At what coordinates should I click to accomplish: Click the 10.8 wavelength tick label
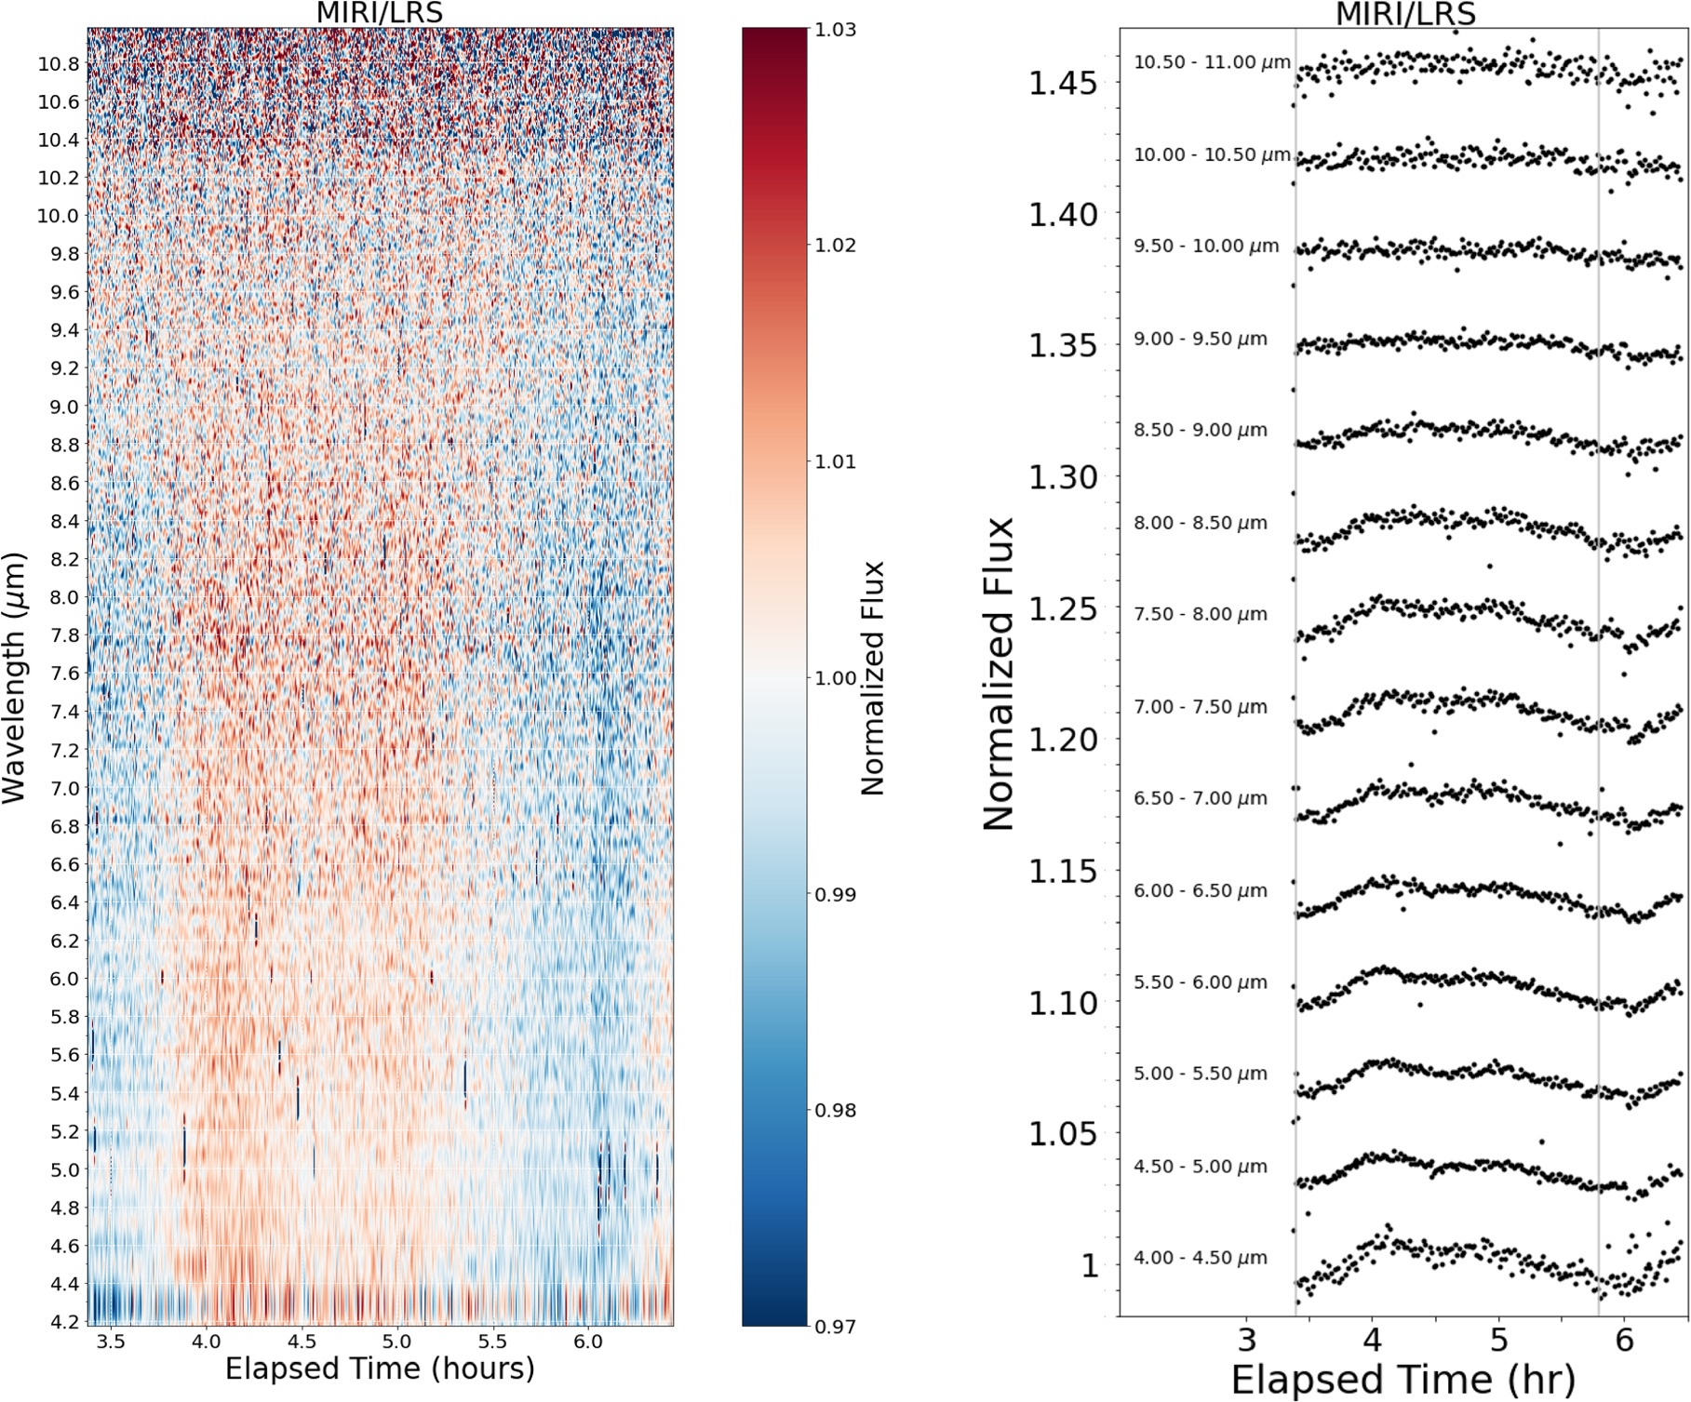point(58,64)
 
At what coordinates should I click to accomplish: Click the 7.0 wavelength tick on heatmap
point(64,789)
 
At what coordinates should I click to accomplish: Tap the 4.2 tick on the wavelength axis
point(64,1321)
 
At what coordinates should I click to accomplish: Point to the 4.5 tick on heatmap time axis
point(302,1342)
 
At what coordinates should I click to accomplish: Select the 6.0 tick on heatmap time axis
point(587,1342)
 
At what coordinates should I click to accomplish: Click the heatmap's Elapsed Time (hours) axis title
point(380,1369)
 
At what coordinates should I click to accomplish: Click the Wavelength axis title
point(14,677)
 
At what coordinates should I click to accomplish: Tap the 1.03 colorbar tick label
point(835,30)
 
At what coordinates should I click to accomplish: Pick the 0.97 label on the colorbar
point(835,1327)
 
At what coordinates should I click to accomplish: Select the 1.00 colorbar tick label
point(835,678)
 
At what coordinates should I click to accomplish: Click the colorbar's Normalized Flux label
point(871,677)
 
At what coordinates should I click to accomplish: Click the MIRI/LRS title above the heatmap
point(380,13)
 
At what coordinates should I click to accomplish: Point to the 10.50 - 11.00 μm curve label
point(1212,62)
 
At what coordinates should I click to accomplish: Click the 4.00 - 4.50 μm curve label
point(1200,1258)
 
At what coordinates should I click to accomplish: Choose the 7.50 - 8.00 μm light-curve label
point(1200,614)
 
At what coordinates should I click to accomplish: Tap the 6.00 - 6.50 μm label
point(1200,890)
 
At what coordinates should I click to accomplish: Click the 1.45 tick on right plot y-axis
point(1062,83)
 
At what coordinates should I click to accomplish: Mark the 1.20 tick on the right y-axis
point(1062,740)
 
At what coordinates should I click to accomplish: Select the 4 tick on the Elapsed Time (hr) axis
point(1372,1340)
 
